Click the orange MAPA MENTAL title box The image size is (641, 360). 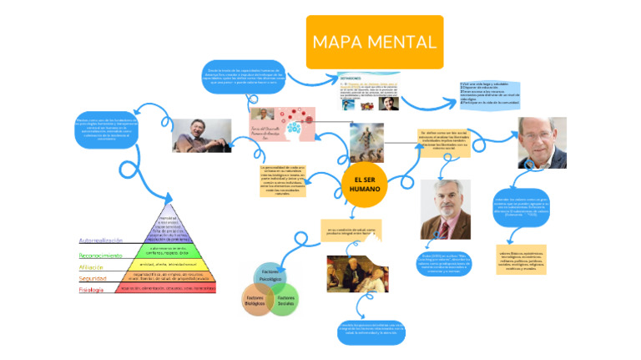point(374,42)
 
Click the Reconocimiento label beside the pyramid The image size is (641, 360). point(106,254)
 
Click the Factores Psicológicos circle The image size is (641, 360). point(270,276)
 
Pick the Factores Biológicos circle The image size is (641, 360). point(255,300)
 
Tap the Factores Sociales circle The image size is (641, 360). point(285,300)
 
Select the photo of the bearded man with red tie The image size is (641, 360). point(445,209)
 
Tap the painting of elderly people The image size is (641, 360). point(357,273)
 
